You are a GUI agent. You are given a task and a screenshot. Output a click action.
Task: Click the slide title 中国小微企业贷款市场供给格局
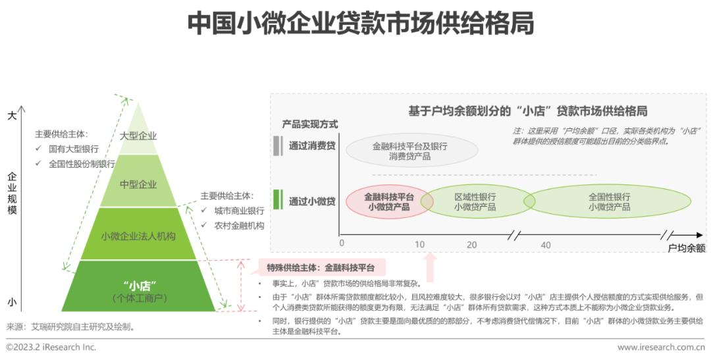pyautogui.click(x=361, y=23)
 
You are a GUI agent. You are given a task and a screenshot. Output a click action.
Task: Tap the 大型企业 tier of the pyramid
pyautogui.click(x=138, y=134)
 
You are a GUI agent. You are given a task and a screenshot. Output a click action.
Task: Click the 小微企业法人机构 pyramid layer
pyautogui.click(x=138, y=234)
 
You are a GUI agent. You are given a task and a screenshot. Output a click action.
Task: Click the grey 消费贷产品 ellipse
pyautogui.click(x=411, y=151)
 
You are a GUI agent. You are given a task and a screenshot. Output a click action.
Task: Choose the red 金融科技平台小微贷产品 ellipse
pyautogui.click(x=388, y=202)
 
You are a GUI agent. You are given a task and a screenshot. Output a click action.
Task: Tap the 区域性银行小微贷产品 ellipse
pyautogui.click(x=475, y=202)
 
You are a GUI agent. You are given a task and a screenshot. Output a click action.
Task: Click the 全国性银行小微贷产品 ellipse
pyautogui.click(x=609, y=202)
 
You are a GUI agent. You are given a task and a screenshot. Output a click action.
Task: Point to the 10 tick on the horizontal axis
pyautogui.click(x=420, y=245)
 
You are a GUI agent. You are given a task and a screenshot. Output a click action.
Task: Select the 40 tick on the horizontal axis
pyautogui.click(x=546, y=245)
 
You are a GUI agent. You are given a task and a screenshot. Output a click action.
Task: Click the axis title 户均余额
pyautogui.click(x=687, y=248)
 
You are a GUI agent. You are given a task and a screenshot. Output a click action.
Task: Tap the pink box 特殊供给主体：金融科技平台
pyautogui.click(x=321, y=267)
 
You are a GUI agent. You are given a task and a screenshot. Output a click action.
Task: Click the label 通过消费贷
pyautogui.click(x=313, y=145)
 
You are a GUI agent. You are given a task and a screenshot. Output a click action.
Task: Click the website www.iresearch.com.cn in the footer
pyautogui.click(x=661, y=347)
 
